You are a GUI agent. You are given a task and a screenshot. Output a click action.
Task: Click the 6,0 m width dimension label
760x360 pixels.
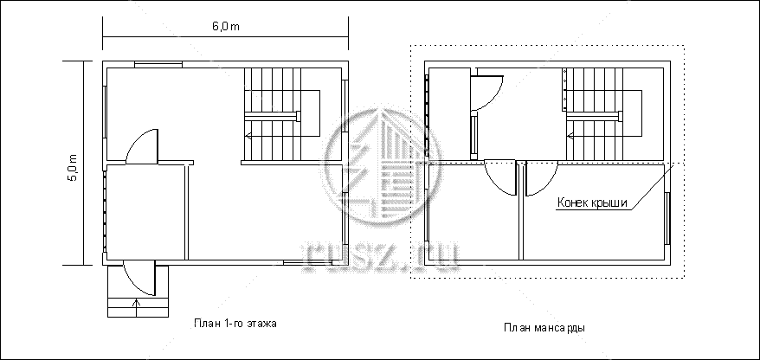tap(225, 26)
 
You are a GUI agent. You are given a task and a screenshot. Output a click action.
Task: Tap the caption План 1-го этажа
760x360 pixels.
tap(235, 323)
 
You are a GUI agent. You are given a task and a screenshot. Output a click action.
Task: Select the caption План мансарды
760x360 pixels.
tap(544, 327)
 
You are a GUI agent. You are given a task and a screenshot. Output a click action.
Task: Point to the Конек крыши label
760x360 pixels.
tap(592, 202)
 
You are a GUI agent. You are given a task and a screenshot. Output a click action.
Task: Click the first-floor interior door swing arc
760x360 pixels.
tap(142, 146)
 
